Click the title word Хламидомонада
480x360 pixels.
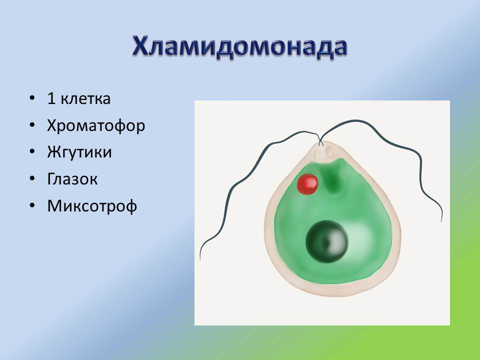pos(240,47)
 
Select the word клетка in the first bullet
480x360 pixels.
pos(85,98)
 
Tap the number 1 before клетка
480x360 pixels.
pos(51,98)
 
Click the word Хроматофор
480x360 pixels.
pos(96,126)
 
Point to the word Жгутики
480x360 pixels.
pos(79,152)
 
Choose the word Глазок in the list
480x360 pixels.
pos(72,179)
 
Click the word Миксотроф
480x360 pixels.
pos(92,205)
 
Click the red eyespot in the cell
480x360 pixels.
pos(307,184)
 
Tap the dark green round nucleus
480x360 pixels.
pos(327,241)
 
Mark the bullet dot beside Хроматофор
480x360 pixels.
pos(32,125)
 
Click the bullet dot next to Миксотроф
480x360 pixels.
pos(32,205)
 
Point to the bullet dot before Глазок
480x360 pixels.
pos(32,179)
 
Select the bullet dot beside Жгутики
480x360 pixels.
pos(32,152)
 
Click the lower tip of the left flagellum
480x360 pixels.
pos(200,259)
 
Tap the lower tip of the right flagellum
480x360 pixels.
pos(441,221)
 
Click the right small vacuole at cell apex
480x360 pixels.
pos(329,151)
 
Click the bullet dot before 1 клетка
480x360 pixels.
pos(32,98)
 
